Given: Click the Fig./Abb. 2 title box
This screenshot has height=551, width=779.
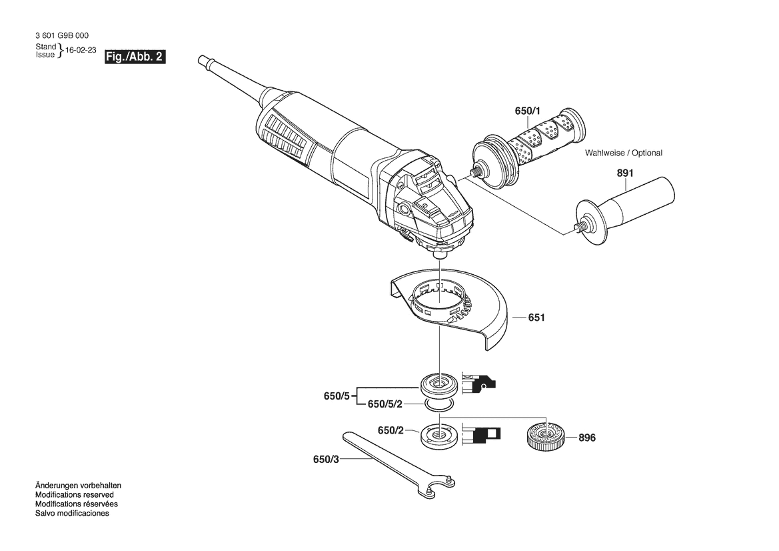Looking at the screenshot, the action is (135, 57).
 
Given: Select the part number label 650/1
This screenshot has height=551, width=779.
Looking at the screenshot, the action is (527, 111).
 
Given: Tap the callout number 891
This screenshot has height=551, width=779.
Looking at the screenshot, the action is (625, 173).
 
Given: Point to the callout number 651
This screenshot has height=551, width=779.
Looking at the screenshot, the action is (536, 318).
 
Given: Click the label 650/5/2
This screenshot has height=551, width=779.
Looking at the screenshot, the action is (385, 404).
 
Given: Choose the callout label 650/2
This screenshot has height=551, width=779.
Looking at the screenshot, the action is (390, 430).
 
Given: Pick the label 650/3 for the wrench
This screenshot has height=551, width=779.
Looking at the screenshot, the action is (326, 460).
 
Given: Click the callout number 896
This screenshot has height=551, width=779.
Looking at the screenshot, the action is (586, 438).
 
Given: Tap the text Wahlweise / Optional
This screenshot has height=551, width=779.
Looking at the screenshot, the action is (624, 153).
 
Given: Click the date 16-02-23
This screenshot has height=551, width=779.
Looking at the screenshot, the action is (81, 51).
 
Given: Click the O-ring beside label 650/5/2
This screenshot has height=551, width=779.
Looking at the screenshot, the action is (438, 405).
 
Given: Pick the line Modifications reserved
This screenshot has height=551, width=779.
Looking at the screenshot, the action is (75, 495).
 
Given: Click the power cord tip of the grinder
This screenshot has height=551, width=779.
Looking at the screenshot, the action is (202, 59).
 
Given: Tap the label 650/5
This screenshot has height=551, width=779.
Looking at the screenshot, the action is (337, 396).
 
